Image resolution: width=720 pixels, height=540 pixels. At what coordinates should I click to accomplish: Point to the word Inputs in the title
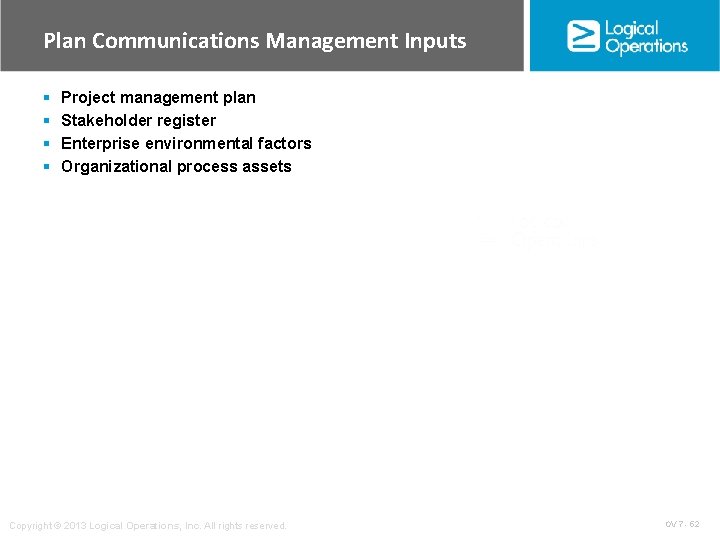pos(435,41)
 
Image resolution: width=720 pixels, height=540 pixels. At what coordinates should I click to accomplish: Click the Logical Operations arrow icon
pos(583,36)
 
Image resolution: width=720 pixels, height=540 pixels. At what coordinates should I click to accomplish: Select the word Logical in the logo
pos(632,28)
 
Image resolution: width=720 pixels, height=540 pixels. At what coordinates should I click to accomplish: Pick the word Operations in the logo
pos(646,46)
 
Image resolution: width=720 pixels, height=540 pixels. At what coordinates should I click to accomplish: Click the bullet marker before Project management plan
pos(47,98)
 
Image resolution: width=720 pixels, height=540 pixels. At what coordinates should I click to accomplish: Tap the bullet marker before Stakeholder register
pos(47,121)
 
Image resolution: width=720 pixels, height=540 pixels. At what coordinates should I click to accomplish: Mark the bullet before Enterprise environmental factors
pos(47,144)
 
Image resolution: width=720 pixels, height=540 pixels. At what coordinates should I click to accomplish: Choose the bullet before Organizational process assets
pos(47,167)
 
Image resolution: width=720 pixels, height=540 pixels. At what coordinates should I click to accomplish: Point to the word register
pos(187,121)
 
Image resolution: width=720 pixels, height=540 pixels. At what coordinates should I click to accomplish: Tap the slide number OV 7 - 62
pos(682,524)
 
